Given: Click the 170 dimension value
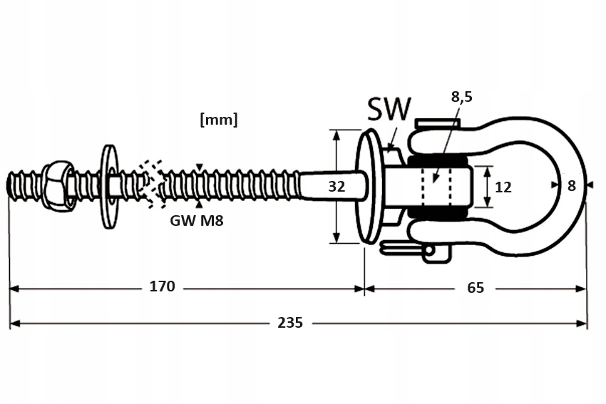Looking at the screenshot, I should click(162, 287).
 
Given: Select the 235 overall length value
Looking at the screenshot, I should click(290, 323).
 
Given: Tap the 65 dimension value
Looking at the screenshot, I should click(476, 288).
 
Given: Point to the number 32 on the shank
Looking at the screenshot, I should click(337, 187).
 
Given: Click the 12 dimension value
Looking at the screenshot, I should click(503, 187).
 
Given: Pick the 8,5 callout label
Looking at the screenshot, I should click(462, 98).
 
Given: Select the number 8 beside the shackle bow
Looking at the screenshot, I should click(571, 186).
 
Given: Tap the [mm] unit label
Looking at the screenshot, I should click(218, 120).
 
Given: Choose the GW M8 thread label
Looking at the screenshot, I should click(197, 221).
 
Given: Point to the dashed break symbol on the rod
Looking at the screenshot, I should click(151, 184).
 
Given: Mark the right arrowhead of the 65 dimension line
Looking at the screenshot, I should click(582, 289).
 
